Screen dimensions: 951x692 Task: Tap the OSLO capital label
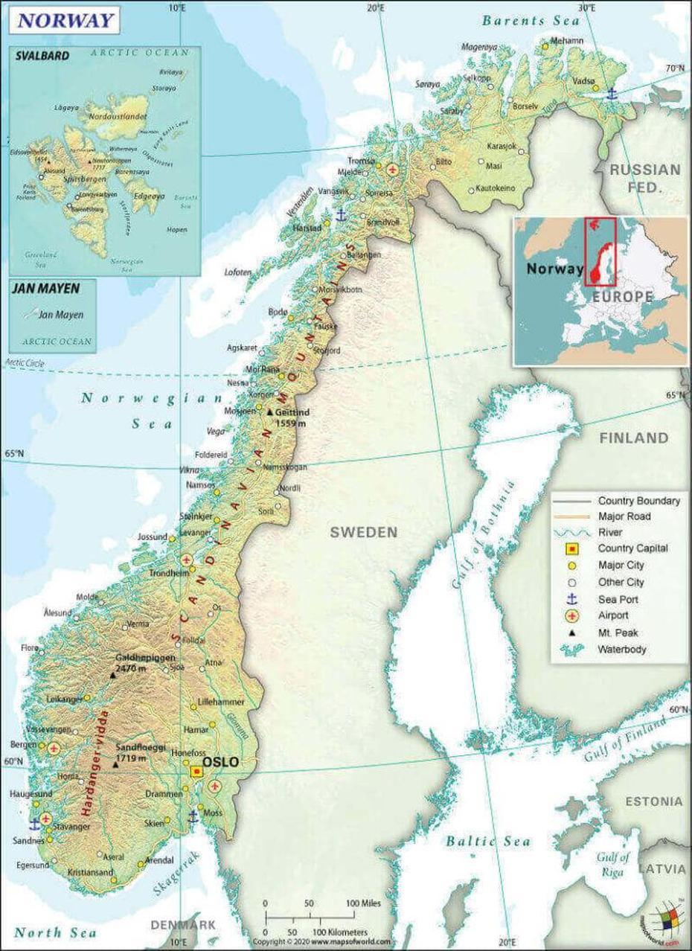click(x=220, y=762)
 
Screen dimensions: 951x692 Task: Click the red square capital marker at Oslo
click(x=196, y=772)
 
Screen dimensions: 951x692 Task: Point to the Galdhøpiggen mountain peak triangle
click(x=112, y=675)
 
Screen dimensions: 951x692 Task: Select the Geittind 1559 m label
click(x=292, y=417)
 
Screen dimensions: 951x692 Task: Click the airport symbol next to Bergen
click(x=54, y=749)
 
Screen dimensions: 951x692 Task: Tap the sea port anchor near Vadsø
click(x=612, y=93)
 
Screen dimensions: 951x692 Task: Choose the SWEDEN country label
click(x=364, y=532)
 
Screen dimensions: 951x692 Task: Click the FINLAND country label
click(x=634, y=438)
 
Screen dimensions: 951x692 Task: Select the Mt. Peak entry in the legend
click(x=618, y=633)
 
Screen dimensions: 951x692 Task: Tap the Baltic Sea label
click(x=488, y=841)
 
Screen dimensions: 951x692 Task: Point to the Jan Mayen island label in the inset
click(x=60, y=315)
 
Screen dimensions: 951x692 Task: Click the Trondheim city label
click(x=169, y=574)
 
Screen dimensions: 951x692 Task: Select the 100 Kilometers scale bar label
click(x=339, y=932)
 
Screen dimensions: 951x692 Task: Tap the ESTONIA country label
click(x=653, y=801)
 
